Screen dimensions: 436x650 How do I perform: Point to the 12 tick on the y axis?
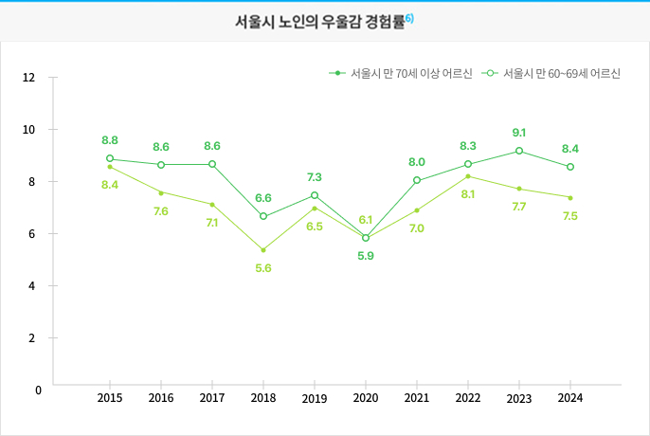(x=29, y=78)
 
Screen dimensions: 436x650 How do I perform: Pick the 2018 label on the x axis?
(x=263, y=398)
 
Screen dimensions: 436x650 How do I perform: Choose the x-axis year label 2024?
(x=570, y=398)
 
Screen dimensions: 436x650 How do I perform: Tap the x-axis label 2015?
(x=110, y=398)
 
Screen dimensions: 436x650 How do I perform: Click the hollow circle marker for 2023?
(x=519, y=151)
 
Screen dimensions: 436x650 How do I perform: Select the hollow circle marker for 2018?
(x=263, y=216)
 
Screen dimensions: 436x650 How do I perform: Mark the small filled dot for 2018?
(x=263, y=250)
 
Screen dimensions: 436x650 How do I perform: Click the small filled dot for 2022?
(x=468, y=176)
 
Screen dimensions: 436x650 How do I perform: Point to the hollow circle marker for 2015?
(x=110, y=159)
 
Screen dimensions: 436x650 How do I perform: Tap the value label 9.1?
(x=519, y=133)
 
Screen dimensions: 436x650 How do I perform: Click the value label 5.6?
(x=263, y=268)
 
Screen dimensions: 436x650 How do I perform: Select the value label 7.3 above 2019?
(x=315, y=177)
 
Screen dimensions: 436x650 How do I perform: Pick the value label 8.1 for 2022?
(x=468, y=194)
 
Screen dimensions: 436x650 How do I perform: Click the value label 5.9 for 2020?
(x=366, y=256)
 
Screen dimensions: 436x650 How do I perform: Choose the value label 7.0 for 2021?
(x=417, y=228)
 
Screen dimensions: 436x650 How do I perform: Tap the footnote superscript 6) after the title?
(x=409, y=18)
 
